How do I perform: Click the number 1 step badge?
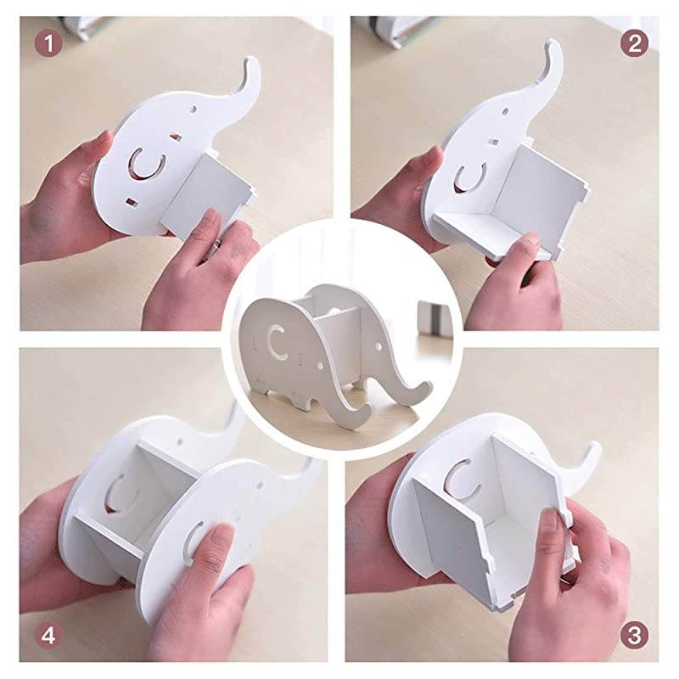point(52,43)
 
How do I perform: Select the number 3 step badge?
point(633,633)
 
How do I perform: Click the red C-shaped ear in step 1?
point(143,165)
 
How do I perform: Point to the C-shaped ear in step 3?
point(462,480)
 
